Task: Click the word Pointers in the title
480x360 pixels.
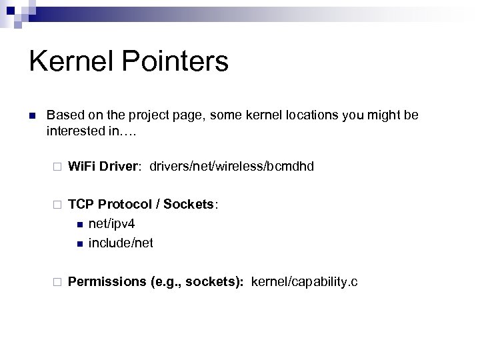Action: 175,62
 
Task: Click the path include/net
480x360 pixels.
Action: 121,243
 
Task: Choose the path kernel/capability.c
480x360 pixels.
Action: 305,282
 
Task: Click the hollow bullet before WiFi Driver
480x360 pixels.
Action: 57,166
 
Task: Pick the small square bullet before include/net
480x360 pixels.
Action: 79,243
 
